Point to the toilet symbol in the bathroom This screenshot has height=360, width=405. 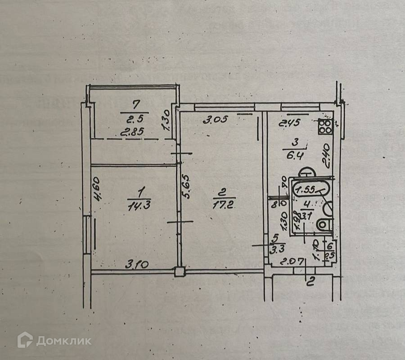click(323, 224)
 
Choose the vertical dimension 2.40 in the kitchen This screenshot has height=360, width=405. click(327, 155)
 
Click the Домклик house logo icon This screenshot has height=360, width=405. click(25, 340)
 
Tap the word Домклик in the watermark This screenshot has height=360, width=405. click(64, 340)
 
